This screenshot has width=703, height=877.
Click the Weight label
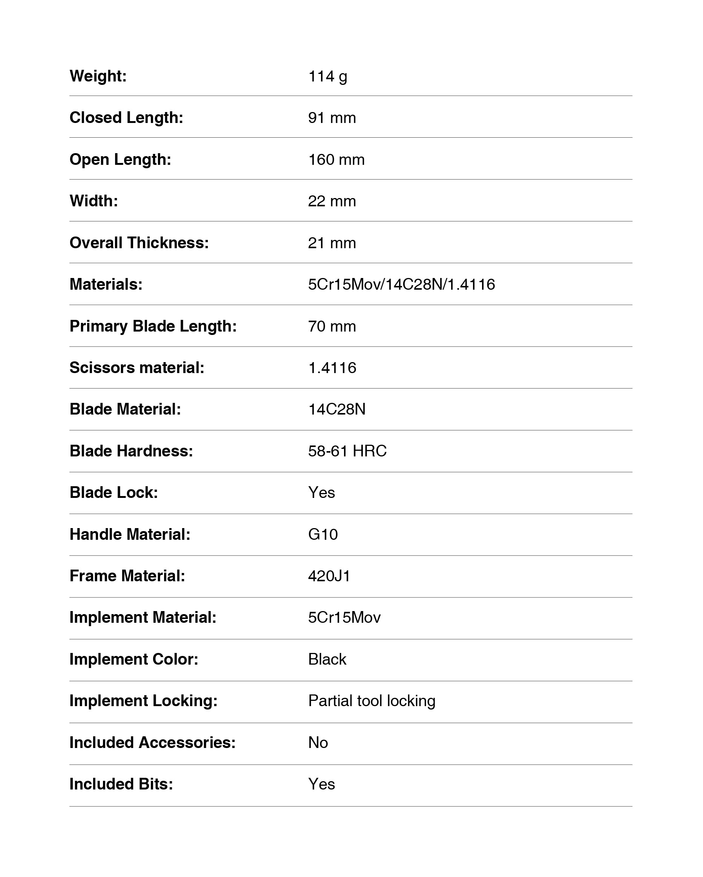click(98, 76)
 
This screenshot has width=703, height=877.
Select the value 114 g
click(327, 76)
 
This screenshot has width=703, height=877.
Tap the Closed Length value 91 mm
click(332, 118)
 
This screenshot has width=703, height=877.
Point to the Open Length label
click(120, 160)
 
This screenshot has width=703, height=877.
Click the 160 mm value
click(336, 160)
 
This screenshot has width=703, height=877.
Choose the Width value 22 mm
click(332, 201)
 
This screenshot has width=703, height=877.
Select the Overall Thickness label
click(139, 243)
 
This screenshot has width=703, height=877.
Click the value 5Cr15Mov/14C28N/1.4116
click(401, 284)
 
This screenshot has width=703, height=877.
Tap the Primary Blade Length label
click(153, 326)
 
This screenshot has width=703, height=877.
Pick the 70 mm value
click(332, 326)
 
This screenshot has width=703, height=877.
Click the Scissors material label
click(137, 368)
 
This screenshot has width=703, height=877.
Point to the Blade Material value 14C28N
click(337, 409)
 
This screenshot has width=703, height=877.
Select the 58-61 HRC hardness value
click(347, 451)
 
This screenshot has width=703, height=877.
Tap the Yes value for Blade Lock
click(321, 493)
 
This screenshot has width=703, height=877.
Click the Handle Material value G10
click(323, 534)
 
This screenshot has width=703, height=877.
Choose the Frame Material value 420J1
click(329, 576)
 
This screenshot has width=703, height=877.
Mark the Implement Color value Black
click(327, 659)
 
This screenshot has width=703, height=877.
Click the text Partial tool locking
click(371, 701)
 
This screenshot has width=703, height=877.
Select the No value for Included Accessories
click(318, 743)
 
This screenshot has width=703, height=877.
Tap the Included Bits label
click(121, 784)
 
